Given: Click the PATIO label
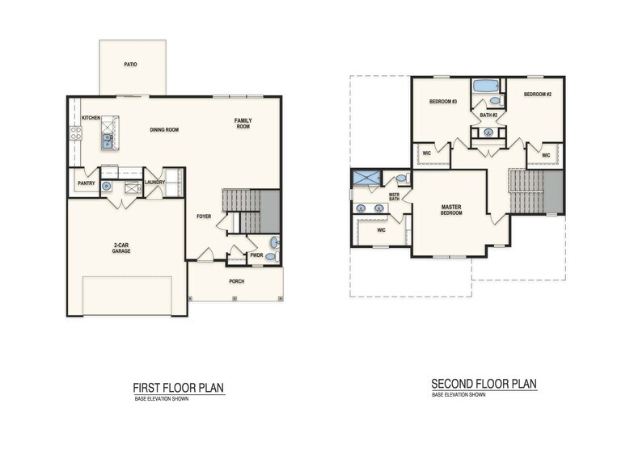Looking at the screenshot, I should [130, 63].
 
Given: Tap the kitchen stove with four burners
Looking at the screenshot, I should [75, 133].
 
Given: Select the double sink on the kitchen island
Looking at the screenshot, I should [107, 142].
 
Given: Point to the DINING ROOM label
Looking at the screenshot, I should [164, 130].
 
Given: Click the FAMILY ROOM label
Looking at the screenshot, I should [243, 124].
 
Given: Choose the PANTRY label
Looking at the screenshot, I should [87, 183].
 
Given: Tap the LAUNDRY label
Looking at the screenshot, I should [154, 183].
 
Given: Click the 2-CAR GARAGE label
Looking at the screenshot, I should [121, 248].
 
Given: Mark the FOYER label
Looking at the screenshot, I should [204, 216].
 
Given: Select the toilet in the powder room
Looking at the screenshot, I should [271, 257].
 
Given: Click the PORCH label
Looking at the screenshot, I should [236, 281].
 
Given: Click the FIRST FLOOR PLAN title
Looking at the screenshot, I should [178, 388].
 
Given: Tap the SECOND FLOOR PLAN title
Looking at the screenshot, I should [484, 384].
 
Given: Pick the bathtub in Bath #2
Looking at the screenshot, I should [486, 86].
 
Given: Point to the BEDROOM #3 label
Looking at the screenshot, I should [443, 101].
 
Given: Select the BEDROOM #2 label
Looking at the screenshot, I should [537, 95].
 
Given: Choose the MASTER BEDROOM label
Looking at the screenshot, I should [451, 210].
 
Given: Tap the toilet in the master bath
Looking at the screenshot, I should [401, 179].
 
